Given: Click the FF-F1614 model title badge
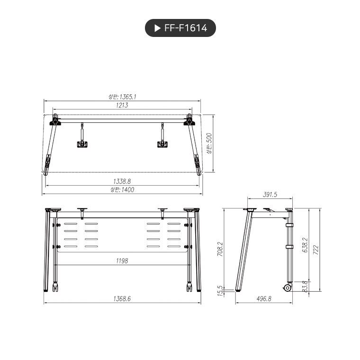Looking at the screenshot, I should coord(180,28).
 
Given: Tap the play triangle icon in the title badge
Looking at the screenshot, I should coord(157,28).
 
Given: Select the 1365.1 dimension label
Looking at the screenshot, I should coord(122,97).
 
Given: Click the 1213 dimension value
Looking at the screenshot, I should coord(122,105).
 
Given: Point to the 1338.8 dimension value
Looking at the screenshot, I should coord(122,181).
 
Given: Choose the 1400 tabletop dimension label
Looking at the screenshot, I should coord(122,189).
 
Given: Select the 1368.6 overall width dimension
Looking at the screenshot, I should coord(122,298).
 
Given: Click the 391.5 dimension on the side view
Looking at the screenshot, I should coord(270,195).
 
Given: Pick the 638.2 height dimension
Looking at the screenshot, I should coord(305,246).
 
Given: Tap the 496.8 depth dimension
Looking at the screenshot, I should coord(263,298).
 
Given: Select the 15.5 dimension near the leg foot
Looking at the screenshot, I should coord(220,289).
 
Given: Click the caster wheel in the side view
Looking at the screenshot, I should coord(287,288).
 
